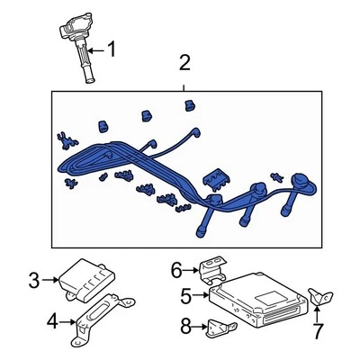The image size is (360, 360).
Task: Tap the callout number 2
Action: point(184,63)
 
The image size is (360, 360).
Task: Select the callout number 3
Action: point(34,281)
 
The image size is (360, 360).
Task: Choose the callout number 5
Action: point(185,293)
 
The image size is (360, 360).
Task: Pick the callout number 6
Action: point(177,267)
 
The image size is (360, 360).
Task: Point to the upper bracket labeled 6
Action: point(212,270)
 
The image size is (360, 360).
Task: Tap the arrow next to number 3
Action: point(52,281)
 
